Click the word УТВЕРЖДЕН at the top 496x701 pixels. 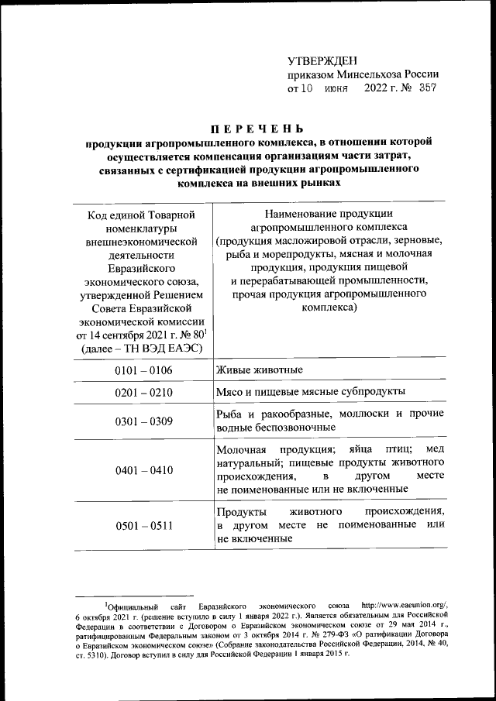(x=322, y=60)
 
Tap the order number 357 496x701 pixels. (x=426, y=88)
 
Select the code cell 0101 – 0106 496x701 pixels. (x=143, y=370)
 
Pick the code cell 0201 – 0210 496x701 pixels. (x=143, y=393)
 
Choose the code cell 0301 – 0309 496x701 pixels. (x=143, y=421)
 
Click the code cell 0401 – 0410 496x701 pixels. (x=143, y=469)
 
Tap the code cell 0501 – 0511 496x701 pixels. (x=143, y=527)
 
